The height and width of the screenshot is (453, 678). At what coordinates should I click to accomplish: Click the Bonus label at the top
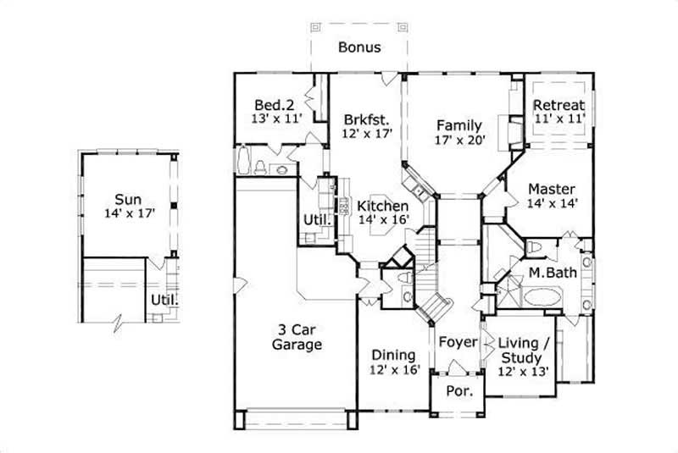click(x=359, y=47)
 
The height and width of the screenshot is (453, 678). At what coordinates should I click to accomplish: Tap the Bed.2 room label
click(x=274, y=105)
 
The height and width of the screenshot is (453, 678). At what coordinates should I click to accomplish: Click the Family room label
click(x=458, y=125)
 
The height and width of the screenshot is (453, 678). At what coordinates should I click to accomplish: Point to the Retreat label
click(x=559, y=105)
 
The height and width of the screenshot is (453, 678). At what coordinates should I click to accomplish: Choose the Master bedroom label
click(x=552, y=189)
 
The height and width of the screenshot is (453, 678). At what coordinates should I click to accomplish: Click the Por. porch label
click(x=458, y=393)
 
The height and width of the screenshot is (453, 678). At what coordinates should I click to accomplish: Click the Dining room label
click(x=394, y=355)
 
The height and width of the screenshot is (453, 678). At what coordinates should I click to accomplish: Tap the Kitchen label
click(x=383, y=206)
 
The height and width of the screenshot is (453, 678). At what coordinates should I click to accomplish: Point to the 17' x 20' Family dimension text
click(x=459, y=141)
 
